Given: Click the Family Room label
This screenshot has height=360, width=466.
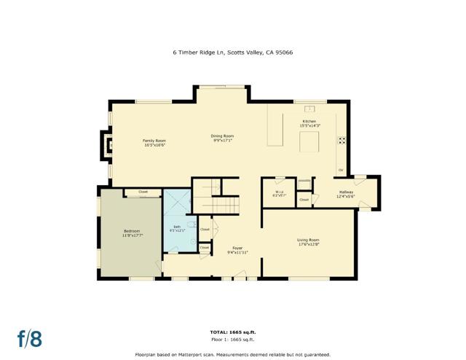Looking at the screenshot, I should (154, 142).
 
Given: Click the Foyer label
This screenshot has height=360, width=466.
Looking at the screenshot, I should (237, 250).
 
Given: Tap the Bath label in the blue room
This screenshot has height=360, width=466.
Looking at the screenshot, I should (178, 228).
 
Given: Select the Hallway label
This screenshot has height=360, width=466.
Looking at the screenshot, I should (346, 194).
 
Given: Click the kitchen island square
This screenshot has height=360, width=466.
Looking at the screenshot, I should (309, 141).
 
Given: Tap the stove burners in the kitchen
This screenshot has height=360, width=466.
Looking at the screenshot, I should (340, 141).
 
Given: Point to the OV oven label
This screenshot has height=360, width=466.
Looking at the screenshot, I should (340, 171).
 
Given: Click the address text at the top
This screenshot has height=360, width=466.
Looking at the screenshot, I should (233, 52).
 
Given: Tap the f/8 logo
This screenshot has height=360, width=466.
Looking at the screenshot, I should (30, 338).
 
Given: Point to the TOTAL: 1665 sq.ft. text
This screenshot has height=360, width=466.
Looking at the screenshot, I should (233, 332).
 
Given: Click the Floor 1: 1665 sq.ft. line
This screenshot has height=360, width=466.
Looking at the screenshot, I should (233, 339).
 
